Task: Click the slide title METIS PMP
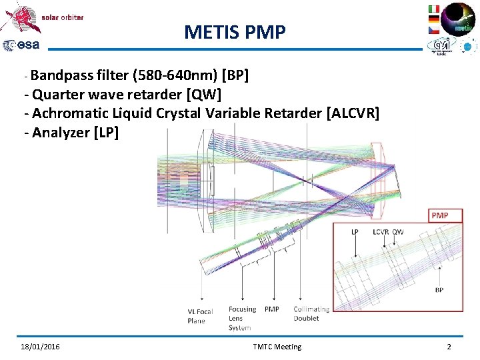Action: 234,31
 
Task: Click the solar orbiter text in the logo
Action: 63,17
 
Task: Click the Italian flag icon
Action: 433,9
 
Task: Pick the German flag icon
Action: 433,19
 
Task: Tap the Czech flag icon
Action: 433,31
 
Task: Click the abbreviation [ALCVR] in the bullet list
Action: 353,113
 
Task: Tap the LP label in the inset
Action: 355,232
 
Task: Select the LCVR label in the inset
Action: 381,232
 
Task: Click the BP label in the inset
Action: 439,290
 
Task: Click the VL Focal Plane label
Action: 201,316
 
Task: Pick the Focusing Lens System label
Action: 241,318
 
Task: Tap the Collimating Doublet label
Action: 311,313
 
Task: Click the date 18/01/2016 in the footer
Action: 39,347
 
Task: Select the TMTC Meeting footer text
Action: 277,347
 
